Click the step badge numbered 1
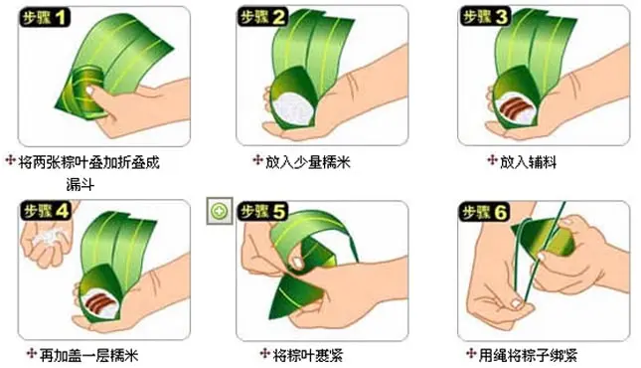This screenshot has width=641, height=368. point(45,17)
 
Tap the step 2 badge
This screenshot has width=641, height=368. point(262,17)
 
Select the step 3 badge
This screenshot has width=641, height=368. point(485,17)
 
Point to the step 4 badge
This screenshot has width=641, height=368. point(46,211)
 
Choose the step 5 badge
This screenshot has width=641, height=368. point(262,211)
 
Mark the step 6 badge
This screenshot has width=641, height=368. point(485,212)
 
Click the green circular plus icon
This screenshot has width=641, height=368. point(220,211)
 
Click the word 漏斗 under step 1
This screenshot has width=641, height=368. point(80,185)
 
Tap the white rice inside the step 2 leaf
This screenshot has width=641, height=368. point(293,106)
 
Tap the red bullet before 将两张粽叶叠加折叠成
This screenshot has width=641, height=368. point(10,160)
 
